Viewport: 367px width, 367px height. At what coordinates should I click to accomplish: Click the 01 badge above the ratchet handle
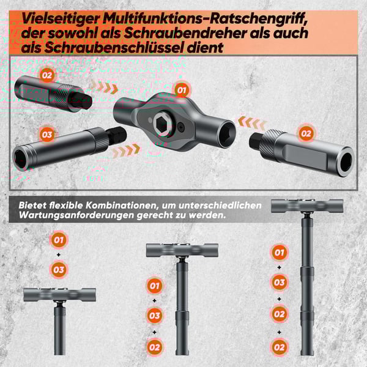coord(181,91)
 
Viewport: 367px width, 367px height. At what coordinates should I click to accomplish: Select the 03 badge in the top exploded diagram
coord(46,134)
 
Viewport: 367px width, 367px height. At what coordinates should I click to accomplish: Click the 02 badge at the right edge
coord(306,133)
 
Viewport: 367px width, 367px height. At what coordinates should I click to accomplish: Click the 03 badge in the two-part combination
coord(59,269)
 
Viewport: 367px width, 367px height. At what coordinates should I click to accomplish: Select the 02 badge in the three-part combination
coord(155,347)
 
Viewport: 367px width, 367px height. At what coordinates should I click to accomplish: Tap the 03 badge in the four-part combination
coord(279,283)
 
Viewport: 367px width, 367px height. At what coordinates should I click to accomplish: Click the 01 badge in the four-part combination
coord(279,252)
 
